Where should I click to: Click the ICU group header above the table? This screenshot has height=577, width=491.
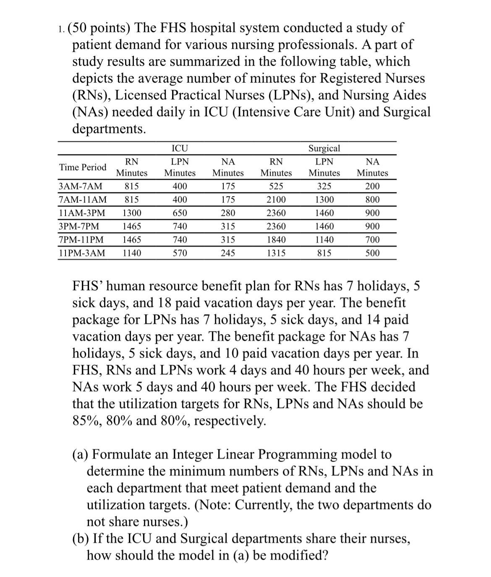[180, 148]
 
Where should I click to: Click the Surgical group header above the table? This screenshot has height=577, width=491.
[324, 148]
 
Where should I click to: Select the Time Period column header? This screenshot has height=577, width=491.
[83, 167]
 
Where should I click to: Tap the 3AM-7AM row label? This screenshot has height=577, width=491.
[81, 186]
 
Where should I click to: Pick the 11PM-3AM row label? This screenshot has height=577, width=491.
[82, 253]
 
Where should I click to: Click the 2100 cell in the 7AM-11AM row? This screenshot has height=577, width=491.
[276, 200]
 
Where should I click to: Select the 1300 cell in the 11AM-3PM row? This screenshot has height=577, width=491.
[132, 213]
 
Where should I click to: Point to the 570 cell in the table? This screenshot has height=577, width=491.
[180, 253]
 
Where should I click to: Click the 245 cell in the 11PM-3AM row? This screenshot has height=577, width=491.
[228, 253]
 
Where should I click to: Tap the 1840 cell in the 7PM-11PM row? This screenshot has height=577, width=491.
[276, 240]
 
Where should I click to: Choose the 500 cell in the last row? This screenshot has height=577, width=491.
[372, 253]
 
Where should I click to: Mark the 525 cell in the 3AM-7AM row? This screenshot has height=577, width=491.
[276, 186]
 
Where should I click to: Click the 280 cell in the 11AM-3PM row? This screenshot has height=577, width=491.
[228, 213]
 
